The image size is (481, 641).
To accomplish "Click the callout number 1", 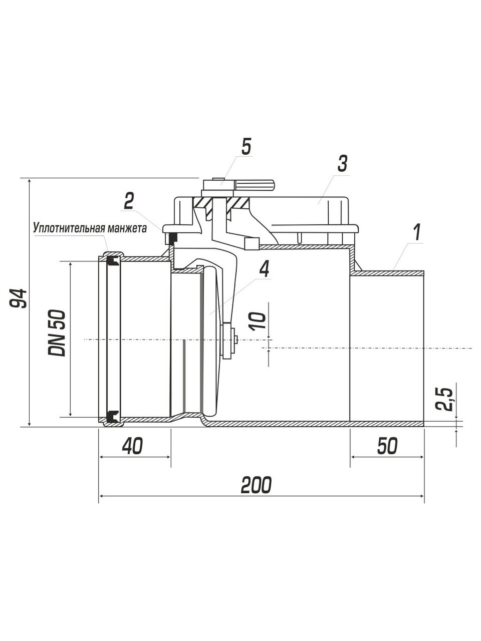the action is click(x=418, y=232).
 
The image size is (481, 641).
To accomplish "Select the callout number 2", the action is click(x=129, y=201).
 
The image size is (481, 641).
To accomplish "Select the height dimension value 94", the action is click(x=18, y=298).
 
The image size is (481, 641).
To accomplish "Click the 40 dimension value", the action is click(x=133, y=446).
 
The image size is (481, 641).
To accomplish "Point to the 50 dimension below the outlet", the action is click(x=387, y=446).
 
